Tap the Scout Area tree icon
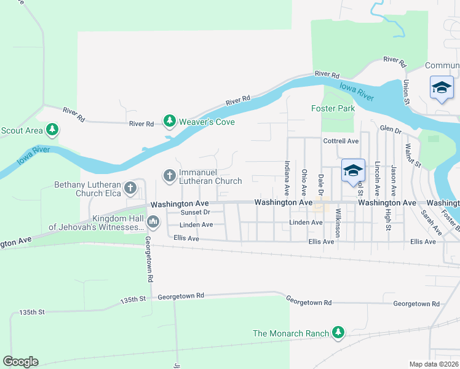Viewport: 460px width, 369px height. coord(53,129)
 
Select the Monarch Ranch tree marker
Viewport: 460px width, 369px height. coord(338,333)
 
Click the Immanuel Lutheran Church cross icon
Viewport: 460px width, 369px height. coord(169,176)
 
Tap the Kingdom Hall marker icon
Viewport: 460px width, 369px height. coord(153,220)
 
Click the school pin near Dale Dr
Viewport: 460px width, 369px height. coord(353,172)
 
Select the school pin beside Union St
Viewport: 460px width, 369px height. coord(442,88)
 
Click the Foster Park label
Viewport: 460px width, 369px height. coord(333,108)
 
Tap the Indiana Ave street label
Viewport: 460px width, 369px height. coord(287,174)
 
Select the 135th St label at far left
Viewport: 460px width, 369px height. coord(33,312)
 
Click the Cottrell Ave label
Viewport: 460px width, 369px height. coord(341,141)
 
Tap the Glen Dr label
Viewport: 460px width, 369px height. coord(390,130)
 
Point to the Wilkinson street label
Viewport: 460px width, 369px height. coord(338,223)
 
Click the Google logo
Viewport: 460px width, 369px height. coord(20,362)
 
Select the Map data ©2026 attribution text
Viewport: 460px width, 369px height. coord(434,364)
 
